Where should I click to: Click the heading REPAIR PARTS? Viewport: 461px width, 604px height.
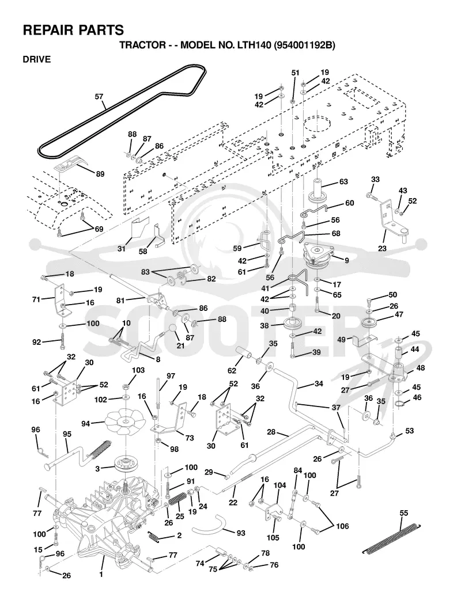73,30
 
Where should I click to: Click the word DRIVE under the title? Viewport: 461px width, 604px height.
37,59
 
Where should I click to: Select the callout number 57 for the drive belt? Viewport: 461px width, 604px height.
100,96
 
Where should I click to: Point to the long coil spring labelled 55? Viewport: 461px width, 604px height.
392,538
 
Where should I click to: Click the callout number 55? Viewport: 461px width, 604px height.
403,513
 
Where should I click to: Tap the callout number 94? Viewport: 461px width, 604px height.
85,424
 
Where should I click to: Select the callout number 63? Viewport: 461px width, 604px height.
343,181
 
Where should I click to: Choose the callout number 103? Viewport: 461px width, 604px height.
138,370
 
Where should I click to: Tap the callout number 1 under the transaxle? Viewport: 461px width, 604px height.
101,575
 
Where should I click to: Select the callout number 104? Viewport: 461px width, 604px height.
279,485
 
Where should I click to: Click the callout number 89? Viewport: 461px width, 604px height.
100,174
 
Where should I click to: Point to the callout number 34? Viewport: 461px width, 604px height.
319,383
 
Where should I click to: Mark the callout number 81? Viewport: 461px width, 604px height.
120,300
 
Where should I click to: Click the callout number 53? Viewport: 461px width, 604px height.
409,430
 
